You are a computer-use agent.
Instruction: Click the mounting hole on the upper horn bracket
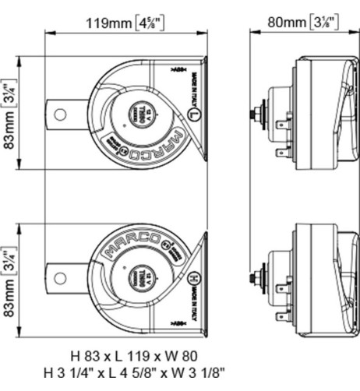coord(58,114)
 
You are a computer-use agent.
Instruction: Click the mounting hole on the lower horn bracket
coord(58,276)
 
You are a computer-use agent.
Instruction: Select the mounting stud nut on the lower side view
coord(256,277)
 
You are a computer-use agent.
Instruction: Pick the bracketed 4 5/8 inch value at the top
coord(165,23)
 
